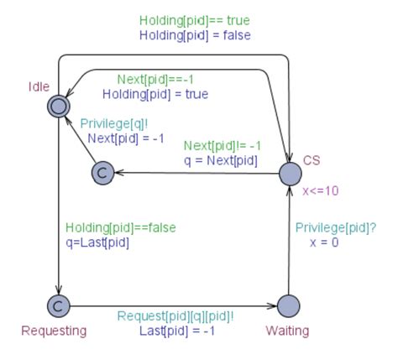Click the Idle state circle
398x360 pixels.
pyautogui.click(x=58, y=106)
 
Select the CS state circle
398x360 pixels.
pyautogui.click(x=289, y=174)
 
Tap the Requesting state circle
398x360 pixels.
pyautogui.click(x=58, y=305)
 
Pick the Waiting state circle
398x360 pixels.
pyautogui.click(x=288, y=305)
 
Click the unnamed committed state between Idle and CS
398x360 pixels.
pyautogui.click(x=102, y=173)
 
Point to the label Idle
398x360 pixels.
pyautogui.click(x=39, y=86)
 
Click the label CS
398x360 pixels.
pyautogui.click(x=312, y=160)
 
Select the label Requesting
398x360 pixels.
pyautogui.click(x=54, y=331)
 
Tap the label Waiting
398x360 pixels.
pyautogui.click(x=287, y=331)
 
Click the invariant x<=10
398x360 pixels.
pyautogui.click(x=321, y=190)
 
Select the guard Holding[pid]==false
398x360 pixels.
pyautogui.click(x=120, y=227)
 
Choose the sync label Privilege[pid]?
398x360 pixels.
pyautogui.click(x=336, y=227)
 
